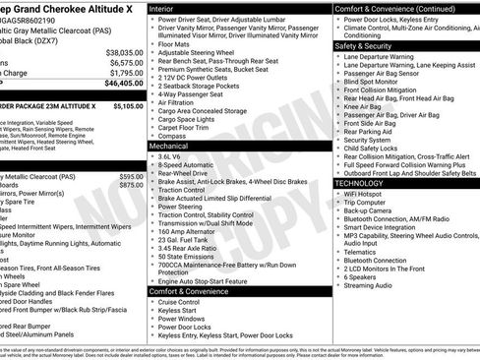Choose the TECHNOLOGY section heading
click(359, 183)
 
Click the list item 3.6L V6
click(174, 155)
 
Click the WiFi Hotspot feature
click(364, 194)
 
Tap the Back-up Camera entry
click(369, 210)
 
